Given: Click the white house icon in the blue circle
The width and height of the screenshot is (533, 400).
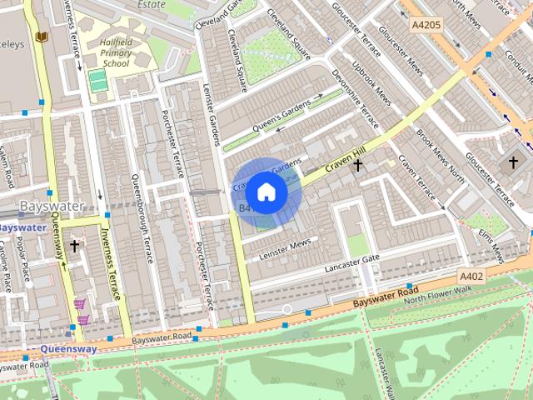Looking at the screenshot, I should pyautogui.click(x=266, y=192).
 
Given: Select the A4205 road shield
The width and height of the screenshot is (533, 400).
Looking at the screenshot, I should pyautogui.click(x=426, y=27).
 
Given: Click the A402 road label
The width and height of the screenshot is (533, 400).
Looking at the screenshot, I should pyautogui.click(x=471, y=275).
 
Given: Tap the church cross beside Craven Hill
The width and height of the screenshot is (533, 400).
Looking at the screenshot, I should pyautogui.click(x=358, y=166).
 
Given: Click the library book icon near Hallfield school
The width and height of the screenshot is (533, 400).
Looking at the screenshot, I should pyautogui.click(x=42, y=37).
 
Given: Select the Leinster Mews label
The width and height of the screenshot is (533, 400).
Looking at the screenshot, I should pyautogui.click(x=285, y=247).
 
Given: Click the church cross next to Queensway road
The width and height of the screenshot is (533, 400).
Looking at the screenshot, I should pyautogui.click(x=74, y=247).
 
